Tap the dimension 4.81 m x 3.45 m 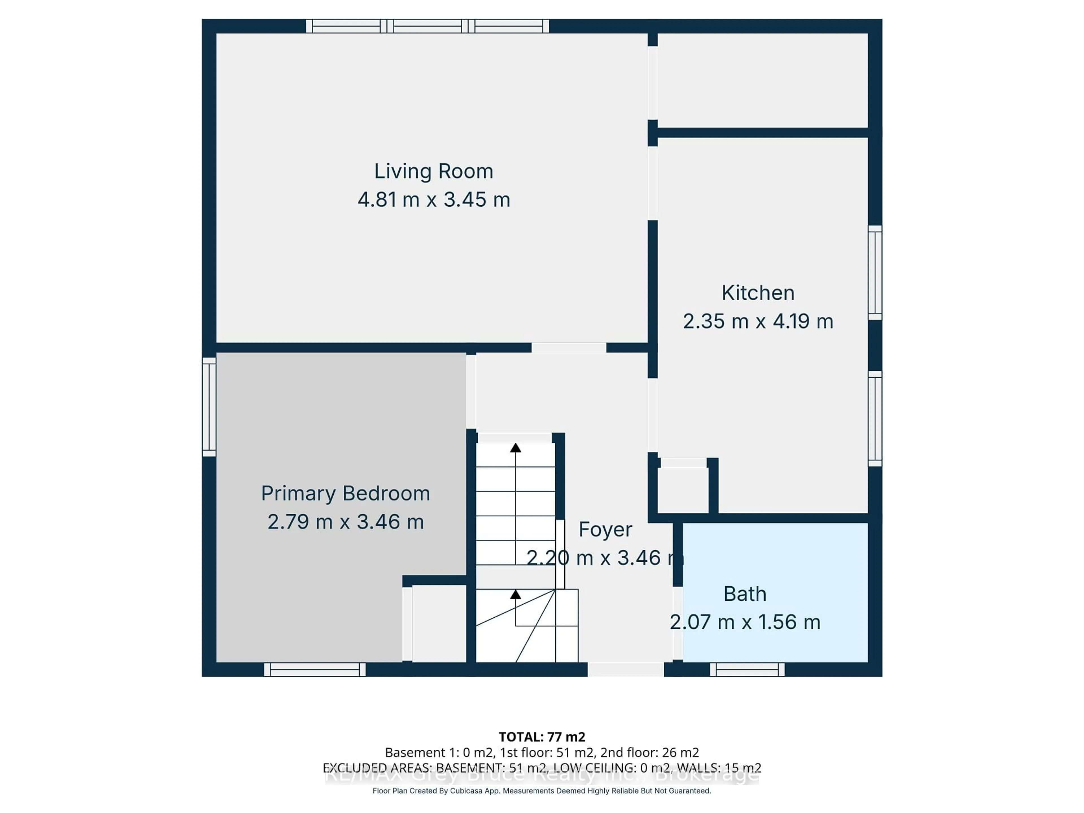click(433, 200)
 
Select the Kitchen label click(758, 293)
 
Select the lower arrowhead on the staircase click(515, 595)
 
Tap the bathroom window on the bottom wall click(747, 669)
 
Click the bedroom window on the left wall click(209, 407)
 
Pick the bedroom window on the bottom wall click(315, 669)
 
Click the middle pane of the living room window click(427, 26)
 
